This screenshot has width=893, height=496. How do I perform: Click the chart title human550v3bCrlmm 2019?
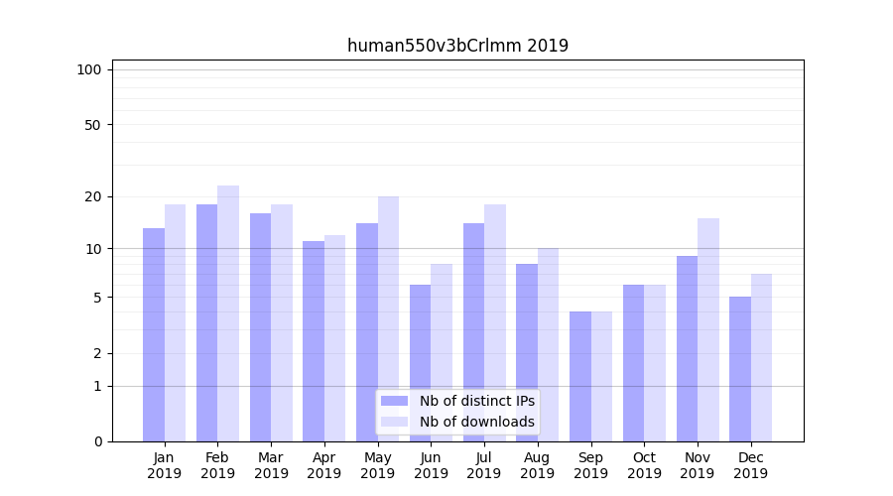tap(457, 46)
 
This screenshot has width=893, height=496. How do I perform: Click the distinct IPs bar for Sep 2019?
tap(580, 376)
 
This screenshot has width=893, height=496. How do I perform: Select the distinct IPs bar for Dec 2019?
tap(740, 369)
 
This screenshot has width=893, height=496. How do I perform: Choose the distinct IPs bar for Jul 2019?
tap(473, 332)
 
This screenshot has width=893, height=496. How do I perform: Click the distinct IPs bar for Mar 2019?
tap(260, 327)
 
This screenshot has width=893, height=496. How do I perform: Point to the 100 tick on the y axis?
tap(89, 69)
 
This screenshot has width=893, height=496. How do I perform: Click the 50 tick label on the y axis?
tap(92, 125)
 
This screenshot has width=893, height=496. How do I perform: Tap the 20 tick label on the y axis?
tap(92, 196)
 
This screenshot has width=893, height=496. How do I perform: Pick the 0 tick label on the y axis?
tap(97, 441)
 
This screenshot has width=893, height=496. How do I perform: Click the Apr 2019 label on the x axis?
tap(324, 465)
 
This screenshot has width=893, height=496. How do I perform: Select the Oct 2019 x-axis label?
tap(644, 465)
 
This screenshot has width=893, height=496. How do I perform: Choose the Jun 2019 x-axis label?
tap(431, 465)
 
